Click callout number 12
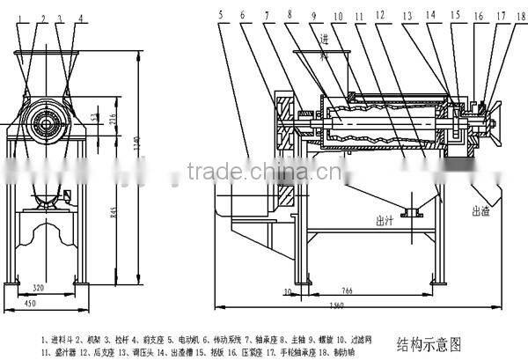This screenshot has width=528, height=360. coord(379,15)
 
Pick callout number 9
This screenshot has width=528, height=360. coord(312,15)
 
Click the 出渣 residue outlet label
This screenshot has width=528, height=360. coord(480,211)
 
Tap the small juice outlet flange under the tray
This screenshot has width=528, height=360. coord(408,211)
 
